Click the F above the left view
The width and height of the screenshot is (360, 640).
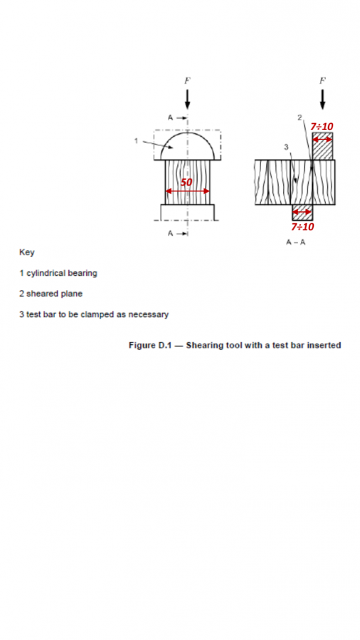pyautogui.click(x=187, y=81)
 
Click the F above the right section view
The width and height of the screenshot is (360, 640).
pyautogui.click(x=322, y=81)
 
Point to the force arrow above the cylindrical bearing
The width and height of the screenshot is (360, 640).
pyautogui.click(x=187, y=99)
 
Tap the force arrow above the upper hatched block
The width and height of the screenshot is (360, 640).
pyautogui.click(x=322, y=99)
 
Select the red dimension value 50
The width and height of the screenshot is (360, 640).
pyautogui.click(x=186, y=182)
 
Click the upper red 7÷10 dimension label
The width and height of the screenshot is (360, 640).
pyautogui.click(x=322, y=127)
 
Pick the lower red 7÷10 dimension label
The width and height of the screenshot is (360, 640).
pyautogui.click(x=302, y=227)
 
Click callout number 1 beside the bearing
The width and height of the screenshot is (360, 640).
pyautogui.click(x=136, y=141)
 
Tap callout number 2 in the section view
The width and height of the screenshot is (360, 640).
pyautogui.click(x=300, y=117)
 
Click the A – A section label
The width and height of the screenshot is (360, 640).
pyautogui.click(x=295, y=242)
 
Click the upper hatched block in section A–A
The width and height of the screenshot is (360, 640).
pyautogui.click(x=322, y=146)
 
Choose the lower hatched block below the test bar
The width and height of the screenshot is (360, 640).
pyautogui.click(x=302, y=212)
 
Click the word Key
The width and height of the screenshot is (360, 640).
pyautogui.click(x=27, y=252)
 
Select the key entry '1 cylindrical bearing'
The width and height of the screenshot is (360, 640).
pyautogui.click(x=58, y=273)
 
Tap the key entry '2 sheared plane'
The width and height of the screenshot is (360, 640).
pyautogui.click(x=51, y=294)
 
